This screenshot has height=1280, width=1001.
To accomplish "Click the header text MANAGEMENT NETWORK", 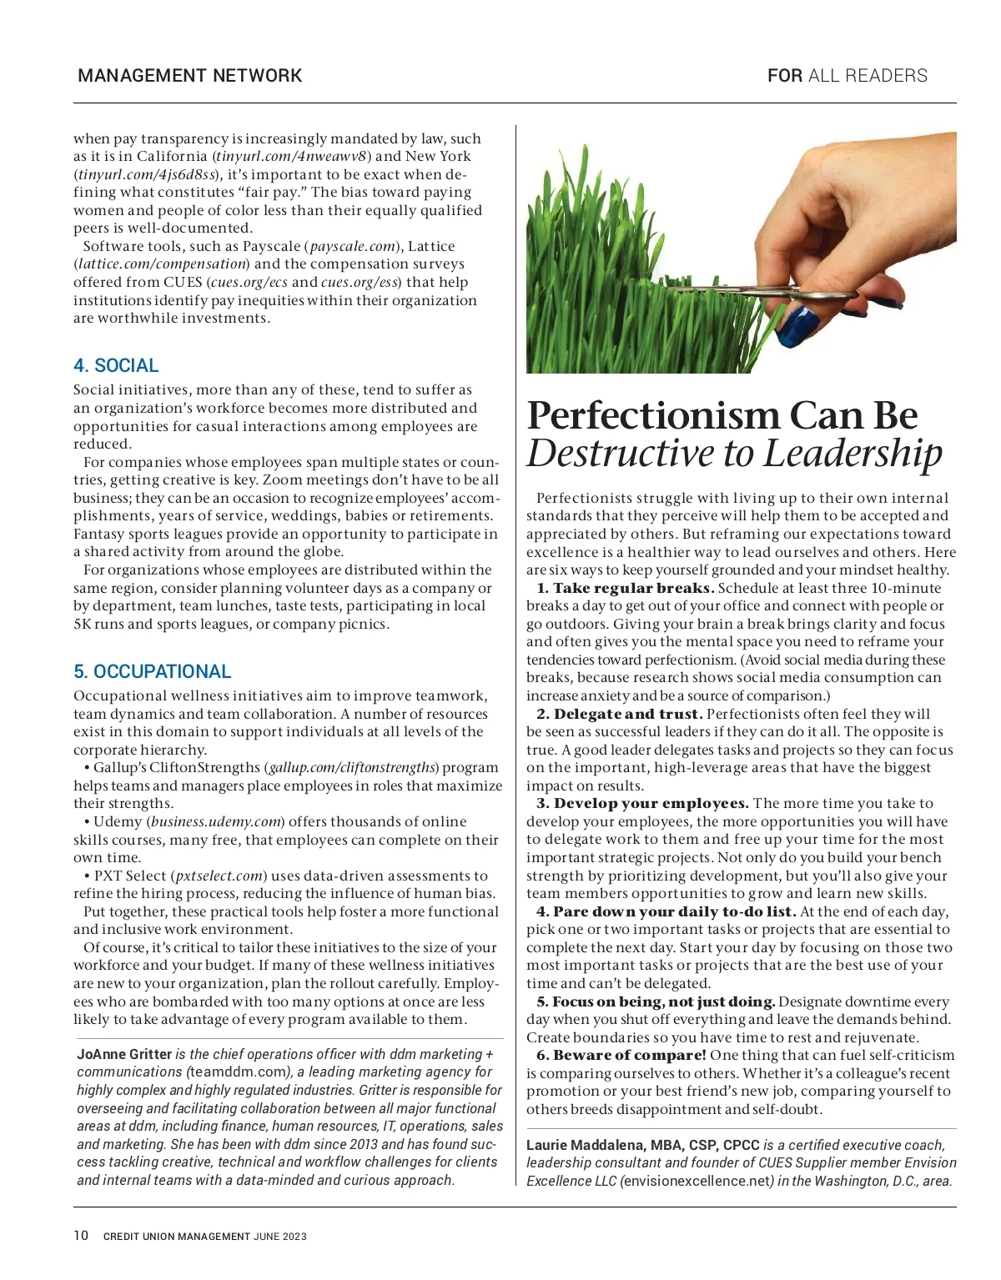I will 189,76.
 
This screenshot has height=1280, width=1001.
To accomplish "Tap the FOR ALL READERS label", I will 847,76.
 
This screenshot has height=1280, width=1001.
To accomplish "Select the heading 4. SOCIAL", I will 116,365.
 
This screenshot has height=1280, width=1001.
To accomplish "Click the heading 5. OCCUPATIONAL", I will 152,671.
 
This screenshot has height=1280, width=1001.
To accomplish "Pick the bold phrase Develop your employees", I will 651,803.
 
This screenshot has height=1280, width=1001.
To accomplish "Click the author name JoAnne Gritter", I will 124,1054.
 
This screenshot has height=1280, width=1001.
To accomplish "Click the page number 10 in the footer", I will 81,1235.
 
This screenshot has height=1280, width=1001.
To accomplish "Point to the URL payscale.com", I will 353,246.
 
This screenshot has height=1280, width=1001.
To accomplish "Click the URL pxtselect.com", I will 219,876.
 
